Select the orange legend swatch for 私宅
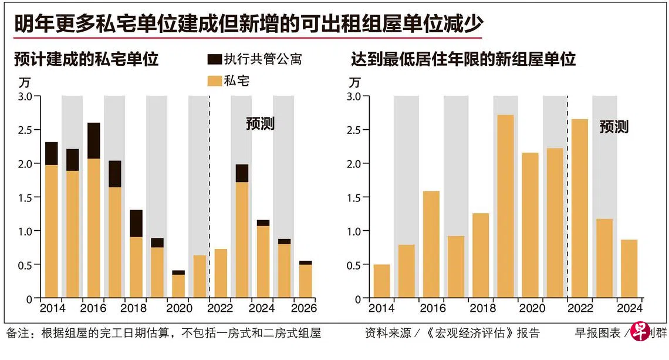coord(215,81)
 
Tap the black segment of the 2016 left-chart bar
coord(93,140)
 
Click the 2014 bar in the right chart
coord(381,281)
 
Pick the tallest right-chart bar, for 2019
coord(505,206)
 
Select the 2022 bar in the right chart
coord(579,208)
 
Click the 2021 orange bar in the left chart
coord(199,276)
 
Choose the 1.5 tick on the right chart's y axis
coord(354,197)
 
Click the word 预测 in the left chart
coord(259,124)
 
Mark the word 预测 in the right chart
coord(614,127)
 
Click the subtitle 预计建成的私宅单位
coord(86,59)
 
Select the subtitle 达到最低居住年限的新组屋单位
coord(463,59)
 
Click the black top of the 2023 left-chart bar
coord(241,173)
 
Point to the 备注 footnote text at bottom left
coord(164,334)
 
